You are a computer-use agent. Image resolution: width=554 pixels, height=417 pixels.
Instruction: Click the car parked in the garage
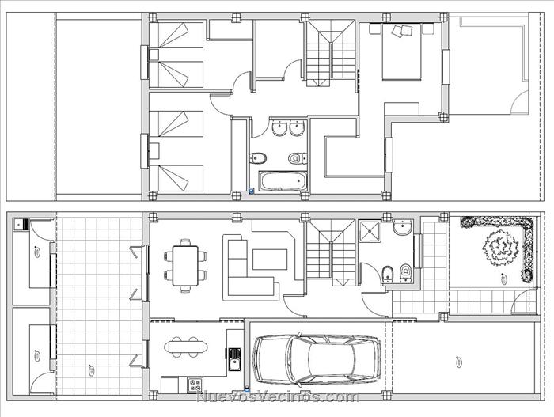[x=317, y=360]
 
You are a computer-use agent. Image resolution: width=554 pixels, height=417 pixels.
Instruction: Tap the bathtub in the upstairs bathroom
[x=283, y=181]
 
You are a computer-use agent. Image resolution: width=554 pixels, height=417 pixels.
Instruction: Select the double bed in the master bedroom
[x=402, y=51]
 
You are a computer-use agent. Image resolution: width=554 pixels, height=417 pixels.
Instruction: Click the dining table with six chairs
[x=185, y=265]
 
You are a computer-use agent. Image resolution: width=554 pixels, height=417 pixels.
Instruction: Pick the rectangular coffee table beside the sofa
[x=270, y=260]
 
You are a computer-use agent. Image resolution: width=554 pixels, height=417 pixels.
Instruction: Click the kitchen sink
[x=234, y=359]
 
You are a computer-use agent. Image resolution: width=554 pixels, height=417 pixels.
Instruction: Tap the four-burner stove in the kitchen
[x=195, y=385]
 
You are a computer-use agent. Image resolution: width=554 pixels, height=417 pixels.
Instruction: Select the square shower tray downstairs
[x=370, y=232]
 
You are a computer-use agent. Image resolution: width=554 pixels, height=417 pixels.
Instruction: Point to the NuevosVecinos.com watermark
[x=278, y=397]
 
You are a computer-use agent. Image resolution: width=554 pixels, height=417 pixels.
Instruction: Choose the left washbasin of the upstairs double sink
[x=279, y=127]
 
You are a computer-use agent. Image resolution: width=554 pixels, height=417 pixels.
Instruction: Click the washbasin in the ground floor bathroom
[x=402, y=227]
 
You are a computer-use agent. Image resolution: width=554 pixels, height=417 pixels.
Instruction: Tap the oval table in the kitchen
[x=186, y=347]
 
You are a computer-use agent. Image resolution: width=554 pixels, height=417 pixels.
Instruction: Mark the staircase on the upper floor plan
[x=330, y=53]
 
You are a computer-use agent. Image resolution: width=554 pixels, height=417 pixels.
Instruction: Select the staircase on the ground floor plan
[x=330, y=252]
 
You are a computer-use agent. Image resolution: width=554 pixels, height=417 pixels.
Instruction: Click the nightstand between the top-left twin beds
[x=154, y=55]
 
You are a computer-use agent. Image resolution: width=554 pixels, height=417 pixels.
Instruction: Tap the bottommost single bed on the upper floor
[x=176, y=178]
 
